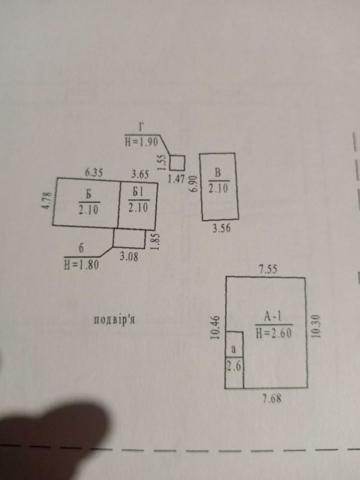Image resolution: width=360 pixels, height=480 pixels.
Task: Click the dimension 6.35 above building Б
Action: [x=94, y=173]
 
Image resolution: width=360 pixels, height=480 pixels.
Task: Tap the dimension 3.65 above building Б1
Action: [x=140, y=175]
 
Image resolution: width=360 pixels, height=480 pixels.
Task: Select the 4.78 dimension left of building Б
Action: [x=46, y=201]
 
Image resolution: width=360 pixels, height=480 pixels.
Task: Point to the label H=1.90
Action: [x=142, y=142]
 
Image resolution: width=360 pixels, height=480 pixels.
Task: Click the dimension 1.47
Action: [x=176, y=179]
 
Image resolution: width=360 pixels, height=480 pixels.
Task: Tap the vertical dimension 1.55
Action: [x=162, y=161]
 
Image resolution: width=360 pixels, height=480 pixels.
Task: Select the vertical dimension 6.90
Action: [x=194, y=184]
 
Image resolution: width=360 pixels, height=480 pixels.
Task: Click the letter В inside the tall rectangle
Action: [x=217, y=173]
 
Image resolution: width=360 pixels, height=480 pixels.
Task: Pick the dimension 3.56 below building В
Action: [x=222, y=229]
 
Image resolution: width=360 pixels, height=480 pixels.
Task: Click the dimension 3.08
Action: [x=129, y=257]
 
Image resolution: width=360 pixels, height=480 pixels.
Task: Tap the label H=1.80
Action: [x=81, y=265]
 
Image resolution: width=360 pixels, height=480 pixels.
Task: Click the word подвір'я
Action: [x=114, y=320]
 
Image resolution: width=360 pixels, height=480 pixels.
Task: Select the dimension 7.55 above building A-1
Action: [x=268, y=269]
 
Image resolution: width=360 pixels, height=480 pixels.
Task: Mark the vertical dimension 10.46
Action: [x=216, y=328]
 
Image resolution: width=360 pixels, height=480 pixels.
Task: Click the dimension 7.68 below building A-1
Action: [x=272, y=399]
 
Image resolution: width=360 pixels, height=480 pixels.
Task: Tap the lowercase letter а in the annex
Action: [x=233, y=349]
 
